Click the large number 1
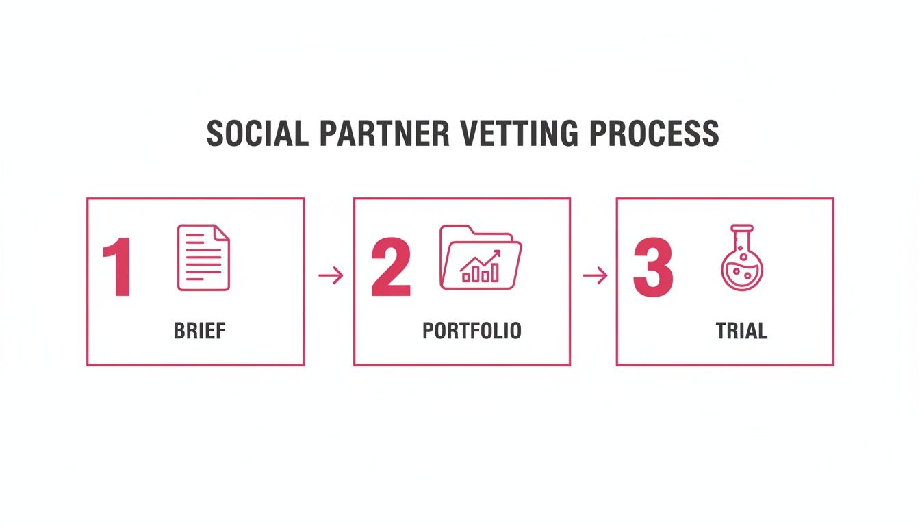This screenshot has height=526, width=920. (x=118, y=268)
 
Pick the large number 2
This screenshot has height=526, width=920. (x=391, y=268)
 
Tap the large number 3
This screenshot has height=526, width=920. (x=653, y=268)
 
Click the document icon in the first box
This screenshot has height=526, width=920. (x=203, y=258)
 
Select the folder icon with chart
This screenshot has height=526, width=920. (x=480, y=258)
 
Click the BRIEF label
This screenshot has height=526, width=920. (x=199, y=331)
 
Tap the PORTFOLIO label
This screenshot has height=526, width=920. (x=472, y=331)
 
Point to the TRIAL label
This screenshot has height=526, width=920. (x=741, y=331)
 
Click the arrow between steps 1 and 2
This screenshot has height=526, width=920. (x=331, y=276)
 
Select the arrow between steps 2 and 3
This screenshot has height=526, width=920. (x=595, y=276)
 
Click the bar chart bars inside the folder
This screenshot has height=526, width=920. (x=478, y=275)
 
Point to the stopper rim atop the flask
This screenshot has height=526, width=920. (x=741, y=228)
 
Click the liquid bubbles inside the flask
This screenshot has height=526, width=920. (x=741, y=273)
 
